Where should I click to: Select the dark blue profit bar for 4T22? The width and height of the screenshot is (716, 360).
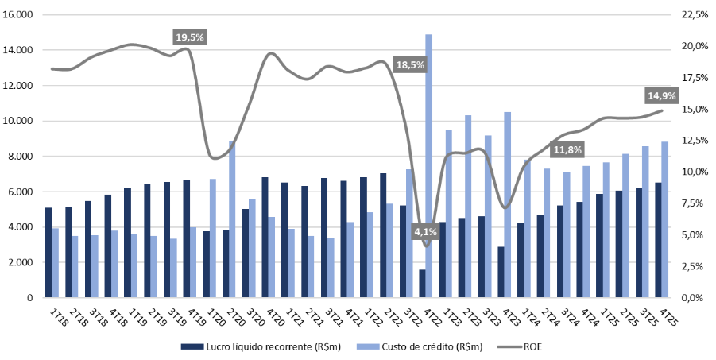pyautogui.click(x=421, y=284)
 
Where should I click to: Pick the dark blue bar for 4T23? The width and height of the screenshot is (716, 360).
pyautogui.click(x=500, y=272)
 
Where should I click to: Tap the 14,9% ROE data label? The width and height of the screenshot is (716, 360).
pyautogui.click(x=662, y=95)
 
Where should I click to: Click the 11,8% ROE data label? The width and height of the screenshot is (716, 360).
pyautogui.click(x=567, y=149)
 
